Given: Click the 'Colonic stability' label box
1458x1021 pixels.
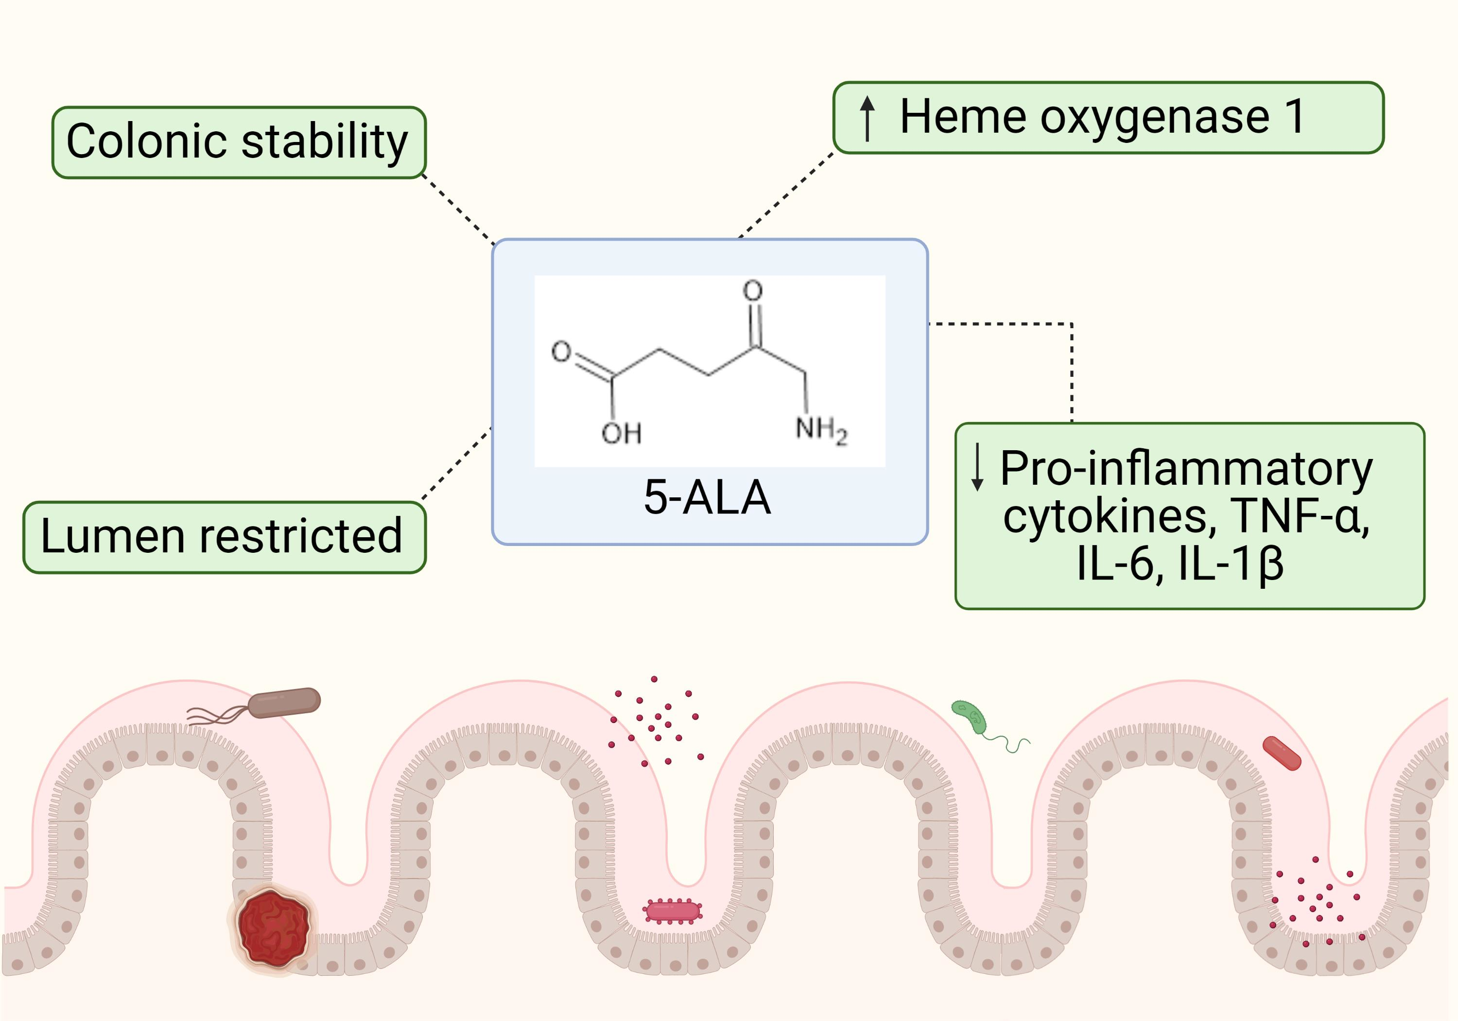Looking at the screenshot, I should click(x=239, y=142).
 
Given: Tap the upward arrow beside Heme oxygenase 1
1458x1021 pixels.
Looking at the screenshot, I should click(x=867, y=118).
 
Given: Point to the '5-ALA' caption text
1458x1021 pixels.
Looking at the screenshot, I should click(x=707, y=497).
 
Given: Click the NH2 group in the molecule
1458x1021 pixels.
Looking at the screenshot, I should click(x=820, y=430).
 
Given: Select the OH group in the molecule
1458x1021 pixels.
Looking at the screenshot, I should click(x=621, y=433).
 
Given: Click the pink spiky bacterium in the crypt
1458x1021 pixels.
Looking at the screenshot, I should click(x=673, y=911).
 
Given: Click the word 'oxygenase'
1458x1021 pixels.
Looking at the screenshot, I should click(x=1154, y=118).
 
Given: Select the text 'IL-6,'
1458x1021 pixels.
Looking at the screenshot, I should click(x=1120, y=563).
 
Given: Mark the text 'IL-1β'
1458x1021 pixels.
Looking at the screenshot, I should click(x=1231, y=563).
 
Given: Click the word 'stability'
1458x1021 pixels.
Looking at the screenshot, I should click(x=325, y=142).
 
